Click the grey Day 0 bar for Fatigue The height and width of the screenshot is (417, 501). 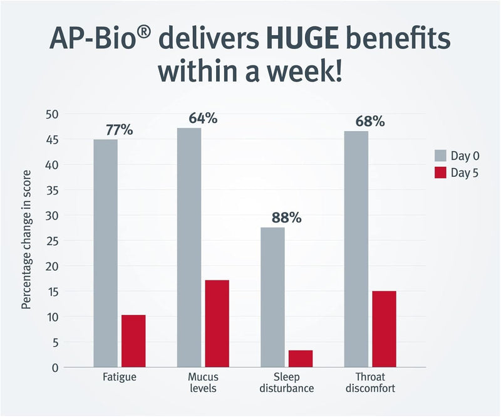[x=106, y=253]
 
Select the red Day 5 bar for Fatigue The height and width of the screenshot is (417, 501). [x=133, y=341]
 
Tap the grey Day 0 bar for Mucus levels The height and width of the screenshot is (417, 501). [x=189, y=247]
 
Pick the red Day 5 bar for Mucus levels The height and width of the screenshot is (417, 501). [x=217, y=324]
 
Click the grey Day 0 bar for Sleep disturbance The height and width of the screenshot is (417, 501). [x=272, y=297]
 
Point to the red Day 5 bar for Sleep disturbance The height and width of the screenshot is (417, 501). [x=301, y=359]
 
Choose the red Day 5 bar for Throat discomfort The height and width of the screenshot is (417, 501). [x=384, y=329]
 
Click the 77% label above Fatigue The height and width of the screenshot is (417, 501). [x=118, y=130]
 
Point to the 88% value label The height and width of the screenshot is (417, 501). [x=286, y=218]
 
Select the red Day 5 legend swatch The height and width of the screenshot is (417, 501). [x=442, y=173]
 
